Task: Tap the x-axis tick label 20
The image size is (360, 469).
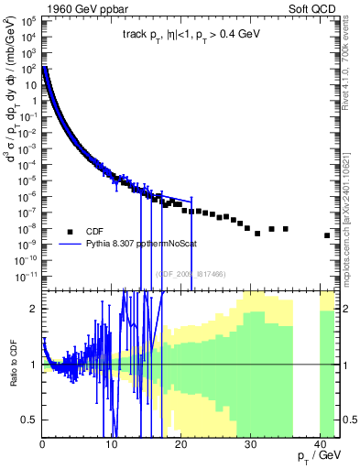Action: [180, 443]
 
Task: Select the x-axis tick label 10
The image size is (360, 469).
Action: [111, 443]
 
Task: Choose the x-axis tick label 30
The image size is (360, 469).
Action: [247, 443]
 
